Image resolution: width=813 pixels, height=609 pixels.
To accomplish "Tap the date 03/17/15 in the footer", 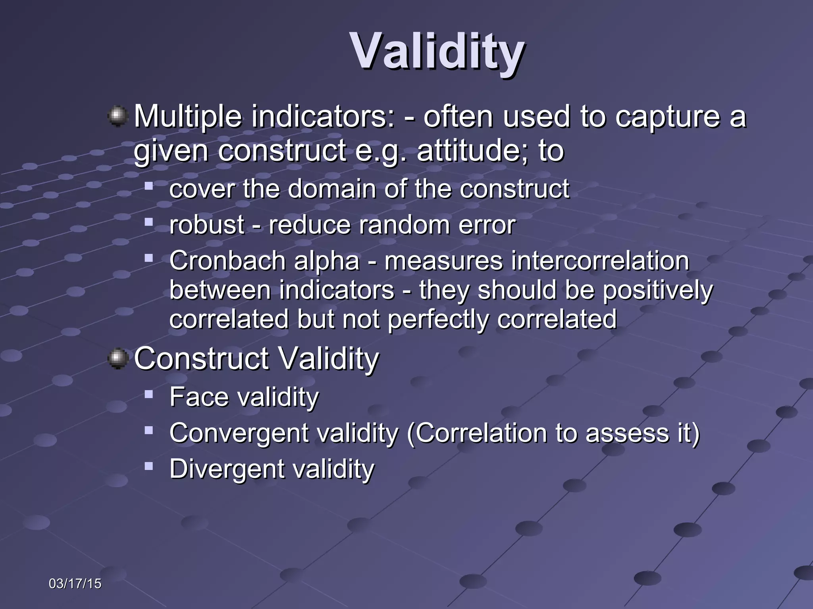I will (x=75, y=584).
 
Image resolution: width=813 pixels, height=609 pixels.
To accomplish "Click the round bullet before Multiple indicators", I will (x=118, y=116).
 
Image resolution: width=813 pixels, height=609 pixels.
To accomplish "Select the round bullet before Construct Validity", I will (x=118, y=358).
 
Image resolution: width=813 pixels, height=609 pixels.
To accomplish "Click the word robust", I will (x=206, y=225).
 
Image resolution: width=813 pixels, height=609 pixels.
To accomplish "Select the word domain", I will (x=332, y=189).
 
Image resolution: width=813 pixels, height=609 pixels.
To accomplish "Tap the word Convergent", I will (x=239, y=433).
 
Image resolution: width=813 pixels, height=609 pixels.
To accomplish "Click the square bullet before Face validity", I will (x=149, y=395).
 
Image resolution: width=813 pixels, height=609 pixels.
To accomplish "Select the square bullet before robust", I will (x=149, y=222).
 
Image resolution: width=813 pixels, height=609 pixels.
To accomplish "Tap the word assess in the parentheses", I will (x=627, y=433).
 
